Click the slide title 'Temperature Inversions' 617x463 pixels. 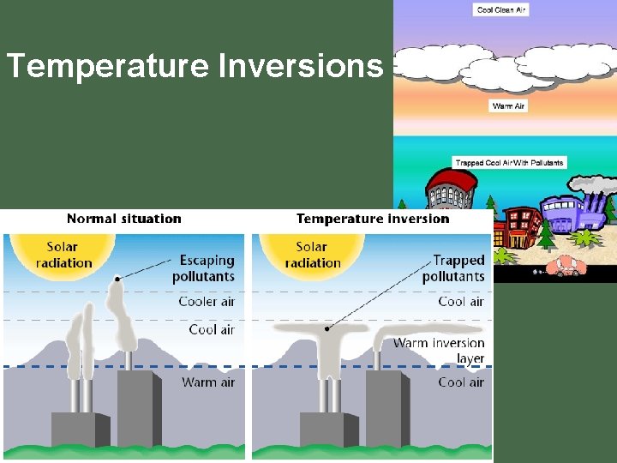click(194, 65)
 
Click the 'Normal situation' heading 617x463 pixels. click(124, 219)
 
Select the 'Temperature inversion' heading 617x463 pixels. click(373, 219)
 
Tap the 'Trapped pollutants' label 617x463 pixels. click(453, 268)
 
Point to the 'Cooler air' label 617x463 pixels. click(207, 302)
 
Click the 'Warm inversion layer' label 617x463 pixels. click(439, 351)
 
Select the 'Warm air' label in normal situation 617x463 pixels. click(208, 382)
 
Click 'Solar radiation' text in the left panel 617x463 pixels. click(62, 256)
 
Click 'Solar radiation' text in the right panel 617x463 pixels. click(312, 256)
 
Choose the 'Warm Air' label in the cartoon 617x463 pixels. click(509, 106)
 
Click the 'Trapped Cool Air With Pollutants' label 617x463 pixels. click(509, 162)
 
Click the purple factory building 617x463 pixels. click(569, 219)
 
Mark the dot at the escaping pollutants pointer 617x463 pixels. click(117, 279)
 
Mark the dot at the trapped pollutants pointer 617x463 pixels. click(326, 328)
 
